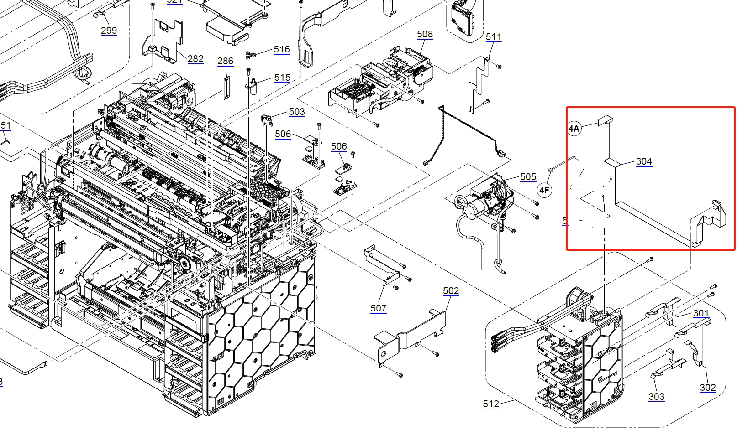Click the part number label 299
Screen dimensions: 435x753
tap(109, 31)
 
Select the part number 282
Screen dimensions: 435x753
tap(195, 59)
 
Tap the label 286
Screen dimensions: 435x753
tap(225, 61)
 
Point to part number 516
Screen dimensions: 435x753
tap(282, 50)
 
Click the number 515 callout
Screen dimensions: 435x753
tap(282, 78)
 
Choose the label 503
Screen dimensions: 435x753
tap(297, 112)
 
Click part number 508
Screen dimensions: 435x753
tap(425, 34)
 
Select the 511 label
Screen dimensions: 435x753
tap(494, 37)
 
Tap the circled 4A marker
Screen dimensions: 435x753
tap(574, 129)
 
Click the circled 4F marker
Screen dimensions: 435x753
tap(544, 190)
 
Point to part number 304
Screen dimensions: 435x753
tap(644, 161)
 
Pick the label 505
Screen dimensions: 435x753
tap(528, 177)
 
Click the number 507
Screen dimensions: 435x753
tap(379, 308)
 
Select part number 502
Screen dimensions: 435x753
tap(451, 291)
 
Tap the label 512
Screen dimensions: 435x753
tap(491, 404)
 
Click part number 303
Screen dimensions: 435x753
tap(656, 397)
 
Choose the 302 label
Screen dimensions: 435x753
tap(708, 388)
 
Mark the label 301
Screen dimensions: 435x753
tap(701, 313)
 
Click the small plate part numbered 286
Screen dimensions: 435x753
tap(225, 88)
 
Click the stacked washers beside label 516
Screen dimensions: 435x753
tap(250, 54)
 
